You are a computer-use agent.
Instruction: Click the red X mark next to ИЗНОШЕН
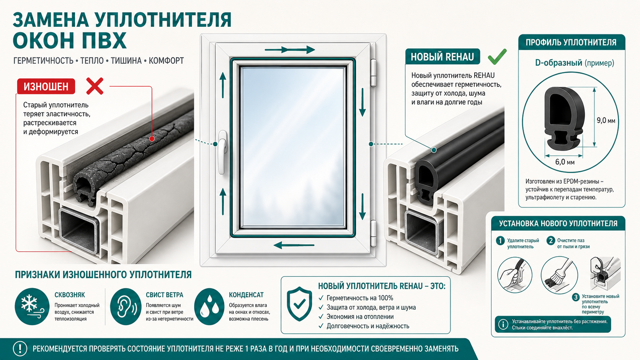(x=95, y=86)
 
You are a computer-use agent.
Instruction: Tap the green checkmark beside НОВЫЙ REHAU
(x=497, y=56)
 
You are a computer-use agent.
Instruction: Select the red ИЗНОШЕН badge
(x=46, y=86)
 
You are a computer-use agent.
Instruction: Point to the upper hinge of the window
(x=373, y=73)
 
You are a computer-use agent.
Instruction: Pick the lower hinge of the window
(x=373, y=233)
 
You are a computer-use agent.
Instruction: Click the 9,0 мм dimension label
(x=606, y=121)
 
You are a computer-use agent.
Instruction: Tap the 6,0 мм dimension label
(x=565, y=162)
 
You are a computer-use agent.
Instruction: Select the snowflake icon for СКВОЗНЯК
(x=32, y=306)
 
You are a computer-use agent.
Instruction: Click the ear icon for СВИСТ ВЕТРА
(x=126, y=306)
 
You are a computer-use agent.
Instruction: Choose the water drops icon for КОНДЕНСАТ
(x=209, y=306)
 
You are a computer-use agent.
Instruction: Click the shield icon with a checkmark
(x=299, y=304)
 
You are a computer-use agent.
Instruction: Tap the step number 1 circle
(x=500, y=241)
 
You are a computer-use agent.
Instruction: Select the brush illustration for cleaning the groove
(x=559, y=275)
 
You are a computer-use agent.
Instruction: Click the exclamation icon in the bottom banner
(x=20, y=349)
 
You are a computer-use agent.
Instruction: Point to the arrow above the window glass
(x=290, y=50)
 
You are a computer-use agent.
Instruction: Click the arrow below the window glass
(x=294, y=245)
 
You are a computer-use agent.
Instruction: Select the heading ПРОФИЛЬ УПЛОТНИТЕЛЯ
(x=571, y=42)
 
